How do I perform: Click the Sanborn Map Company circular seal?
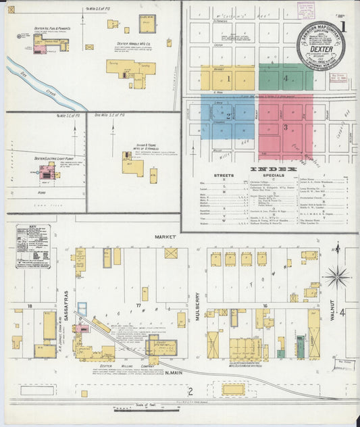[322, 46]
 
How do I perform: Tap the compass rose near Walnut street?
[336, 276]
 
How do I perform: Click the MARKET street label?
[165, 237]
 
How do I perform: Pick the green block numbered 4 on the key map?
[286, 78]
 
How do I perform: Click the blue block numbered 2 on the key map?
[228, 117]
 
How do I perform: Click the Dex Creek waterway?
[41, 83]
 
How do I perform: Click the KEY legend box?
[32, 246]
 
